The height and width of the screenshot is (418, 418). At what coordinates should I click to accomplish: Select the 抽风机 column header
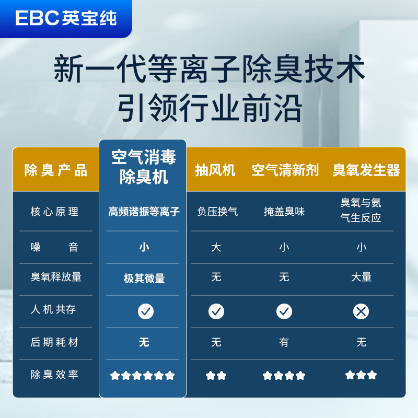215,170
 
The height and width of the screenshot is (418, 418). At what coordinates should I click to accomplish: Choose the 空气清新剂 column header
285,170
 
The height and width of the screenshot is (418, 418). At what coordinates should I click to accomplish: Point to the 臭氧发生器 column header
366,170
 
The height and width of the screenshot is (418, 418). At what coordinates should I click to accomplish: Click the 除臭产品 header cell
56,170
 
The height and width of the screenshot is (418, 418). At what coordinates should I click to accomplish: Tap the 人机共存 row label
53,309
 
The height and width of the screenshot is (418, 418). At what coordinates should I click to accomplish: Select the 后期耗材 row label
54,342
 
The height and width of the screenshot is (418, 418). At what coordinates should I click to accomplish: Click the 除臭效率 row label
54,375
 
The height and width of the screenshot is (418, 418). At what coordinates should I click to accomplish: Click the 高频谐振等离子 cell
144,212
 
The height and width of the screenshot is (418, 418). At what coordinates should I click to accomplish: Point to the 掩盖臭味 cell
284,212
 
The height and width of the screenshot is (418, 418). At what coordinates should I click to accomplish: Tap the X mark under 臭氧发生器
361,311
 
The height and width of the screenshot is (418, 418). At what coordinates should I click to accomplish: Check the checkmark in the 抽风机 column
216,311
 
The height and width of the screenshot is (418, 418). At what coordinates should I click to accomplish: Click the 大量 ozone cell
361,277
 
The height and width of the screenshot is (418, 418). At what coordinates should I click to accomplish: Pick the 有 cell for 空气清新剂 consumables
284,342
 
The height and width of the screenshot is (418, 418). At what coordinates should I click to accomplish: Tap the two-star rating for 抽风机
216,375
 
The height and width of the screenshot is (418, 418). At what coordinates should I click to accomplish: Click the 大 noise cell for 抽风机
216,247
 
